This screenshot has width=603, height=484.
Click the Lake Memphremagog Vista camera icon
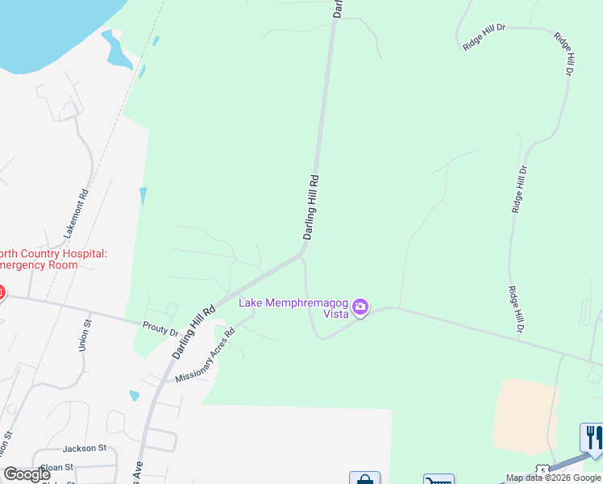coord(360,307)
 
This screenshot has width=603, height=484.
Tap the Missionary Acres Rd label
coord(205,355)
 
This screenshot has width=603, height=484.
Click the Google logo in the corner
coord(27,474)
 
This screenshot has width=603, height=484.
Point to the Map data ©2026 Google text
coord(553,478)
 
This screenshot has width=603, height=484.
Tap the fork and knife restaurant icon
coord(593,437)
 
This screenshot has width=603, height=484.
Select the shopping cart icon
coord(439,479)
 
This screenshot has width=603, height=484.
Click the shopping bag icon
coord(364,478)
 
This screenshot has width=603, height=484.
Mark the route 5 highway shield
coord(543,470)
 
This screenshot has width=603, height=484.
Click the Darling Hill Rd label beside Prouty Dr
coord(194,332)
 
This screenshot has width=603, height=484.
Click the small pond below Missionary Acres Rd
coord(134,396)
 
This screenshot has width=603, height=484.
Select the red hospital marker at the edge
coord(2,292)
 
